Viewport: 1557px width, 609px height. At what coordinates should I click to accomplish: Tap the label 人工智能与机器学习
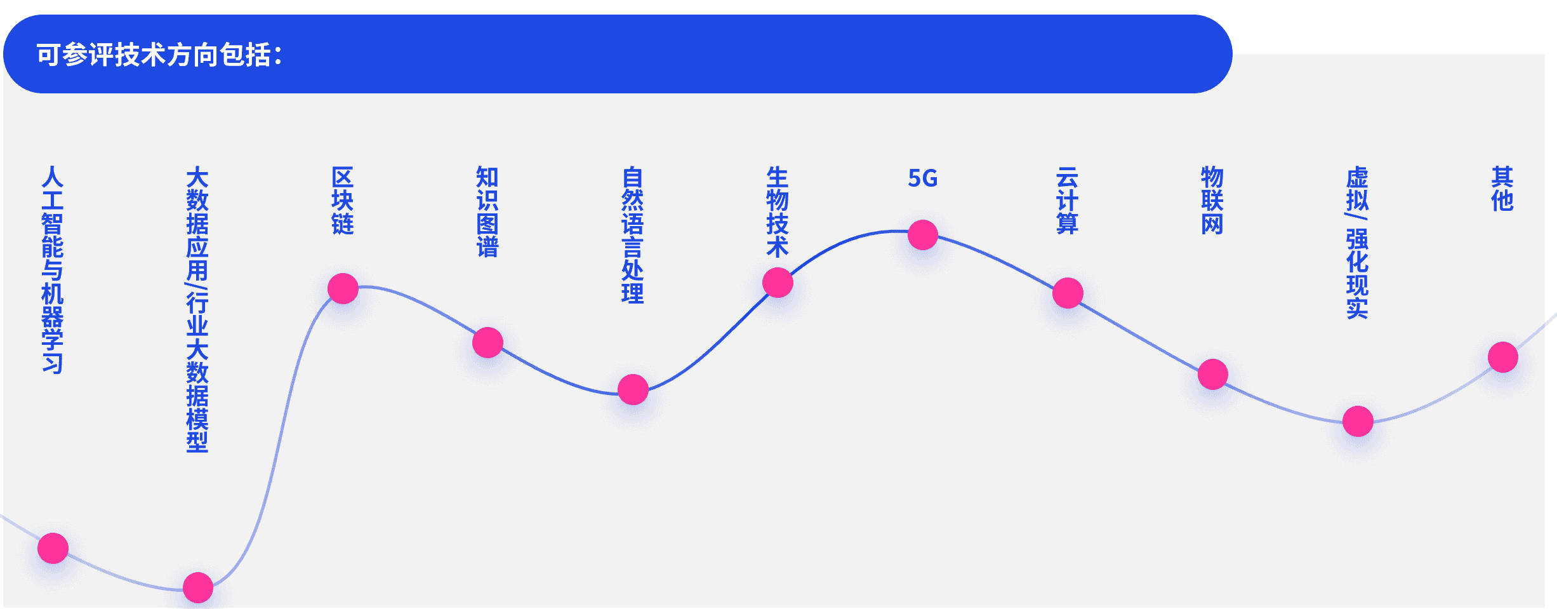pos(53,270)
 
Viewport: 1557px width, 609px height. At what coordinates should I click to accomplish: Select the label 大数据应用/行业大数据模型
pos(197,310)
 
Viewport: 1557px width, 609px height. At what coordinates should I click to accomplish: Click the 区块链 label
pos(343,201)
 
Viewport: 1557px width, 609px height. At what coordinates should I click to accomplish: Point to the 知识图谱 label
pos(487,212)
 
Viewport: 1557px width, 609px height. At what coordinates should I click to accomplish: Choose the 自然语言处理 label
pos(633,236)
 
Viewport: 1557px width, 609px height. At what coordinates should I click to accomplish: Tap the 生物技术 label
pos(778,212)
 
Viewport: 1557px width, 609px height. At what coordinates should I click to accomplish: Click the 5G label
pos(923,178)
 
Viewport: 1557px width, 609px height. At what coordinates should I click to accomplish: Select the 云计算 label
pos(1068,201)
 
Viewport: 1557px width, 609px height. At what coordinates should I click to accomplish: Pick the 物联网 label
pos(1212,201)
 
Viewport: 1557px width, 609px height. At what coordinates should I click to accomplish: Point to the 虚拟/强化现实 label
pos(1358,243)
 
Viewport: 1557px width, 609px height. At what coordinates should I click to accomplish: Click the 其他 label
pos(1502,189)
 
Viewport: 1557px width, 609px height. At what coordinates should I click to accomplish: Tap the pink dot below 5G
pos(923,235)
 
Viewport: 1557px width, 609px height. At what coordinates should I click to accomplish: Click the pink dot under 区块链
pos(343,289)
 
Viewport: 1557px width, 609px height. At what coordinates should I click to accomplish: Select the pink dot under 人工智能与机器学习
pos(53,549)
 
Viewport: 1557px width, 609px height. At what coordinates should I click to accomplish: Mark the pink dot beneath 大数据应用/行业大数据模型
pos(198,588)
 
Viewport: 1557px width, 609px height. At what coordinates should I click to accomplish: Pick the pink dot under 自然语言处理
pos(633,390)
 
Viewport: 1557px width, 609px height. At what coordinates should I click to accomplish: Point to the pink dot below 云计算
pos(1068,293)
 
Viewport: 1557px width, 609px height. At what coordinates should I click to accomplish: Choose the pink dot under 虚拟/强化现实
pos(1358,422)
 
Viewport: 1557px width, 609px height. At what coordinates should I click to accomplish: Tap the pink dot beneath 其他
pos(1503,358)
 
